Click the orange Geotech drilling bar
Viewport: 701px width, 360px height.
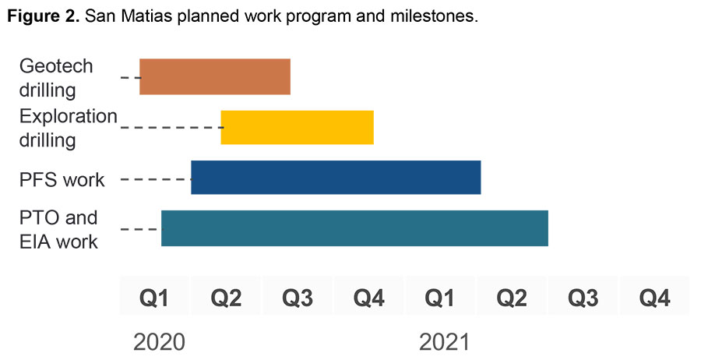(x=215, y=76)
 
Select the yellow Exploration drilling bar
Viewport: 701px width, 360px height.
(x=297, y=127)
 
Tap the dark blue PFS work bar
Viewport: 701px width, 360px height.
(x=336, y=177)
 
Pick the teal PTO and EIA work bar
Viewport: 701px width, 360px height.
(x=354, y=228)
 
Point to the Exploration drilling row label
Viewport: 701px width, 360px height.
(x=67, y=128)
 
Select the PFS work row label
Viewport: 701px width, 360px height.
(x=62, y=180)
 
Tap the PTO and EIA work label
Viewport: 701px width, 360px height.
(x=58, y=229)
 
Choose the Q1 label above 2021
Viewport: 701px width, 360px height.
(x=441, y=298)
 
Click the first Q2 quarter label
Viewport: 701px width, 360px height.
(x=226, y=298)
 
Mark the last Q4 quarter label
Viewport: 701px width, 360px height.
(x=655, y=298)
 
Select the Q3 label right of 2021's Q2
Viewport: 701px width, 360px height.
(x=583, y=298)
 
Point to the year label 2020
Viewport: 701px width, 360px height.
(x=159, y=342)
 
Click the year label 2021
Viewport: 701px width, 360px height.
(x=445, y=342)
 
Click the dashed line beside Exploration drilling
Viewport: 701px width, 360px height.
(x=170, y=127)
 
